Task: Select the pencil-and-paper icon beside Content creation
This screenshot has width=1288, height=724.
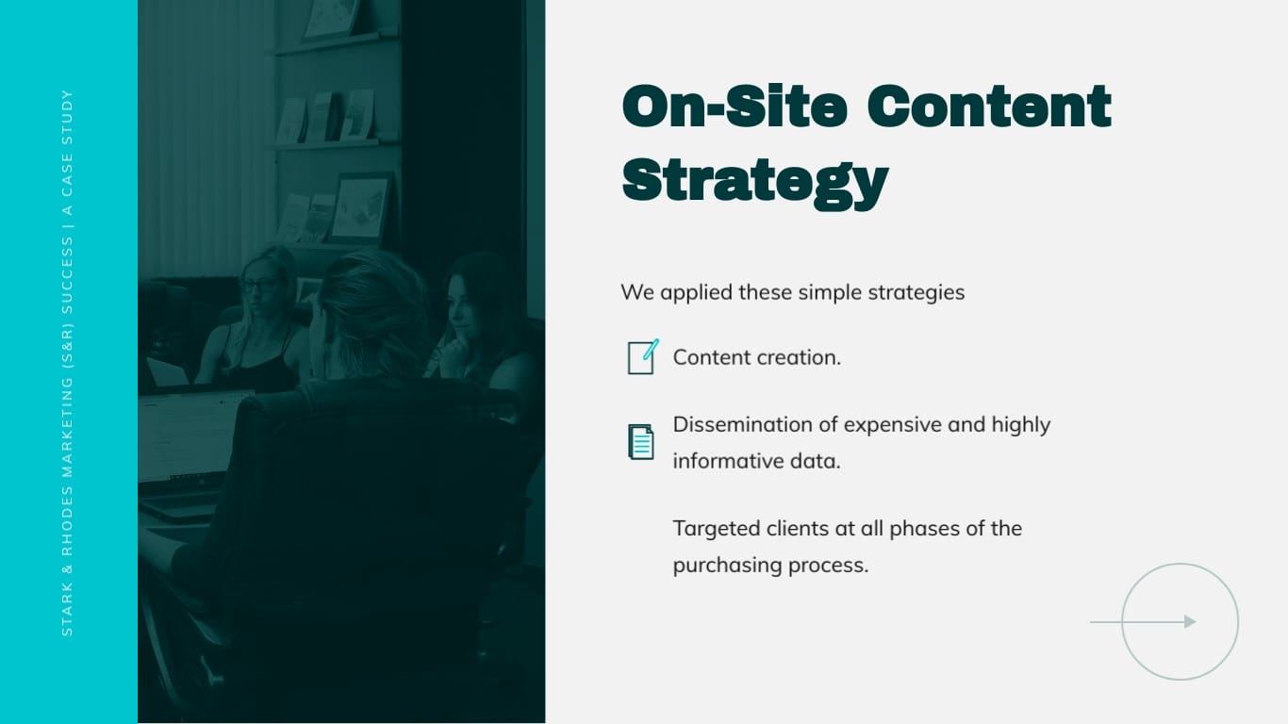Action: point(642,357)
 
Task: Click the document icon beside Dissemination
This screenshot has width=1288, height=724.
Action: point(641,441)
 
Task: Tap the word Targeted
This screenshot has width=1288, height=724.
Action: point(716,528)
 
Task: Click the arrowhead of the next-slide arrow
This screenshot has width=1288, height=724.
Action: point(1190,621)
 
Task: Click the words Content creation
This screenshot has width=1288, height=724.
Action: point(756,357)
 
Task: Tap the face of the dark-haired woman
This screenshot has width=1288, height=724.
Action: point(462,302)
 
